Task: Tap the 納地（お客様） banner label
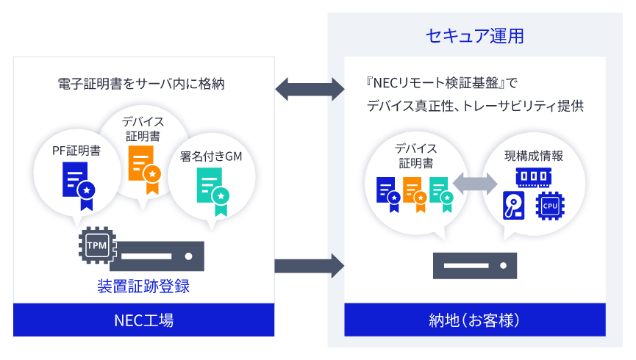[475, 320]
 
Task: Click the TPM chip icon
[97, 245]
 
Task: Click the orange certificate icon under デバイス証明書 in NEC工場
[143, 168]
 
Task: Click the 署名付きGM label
[212, 156]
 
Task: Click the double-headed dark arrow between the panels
[310, 90]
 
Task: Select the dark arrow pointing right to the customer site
[310, 264]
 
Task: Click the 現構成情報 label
[534, 155]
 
